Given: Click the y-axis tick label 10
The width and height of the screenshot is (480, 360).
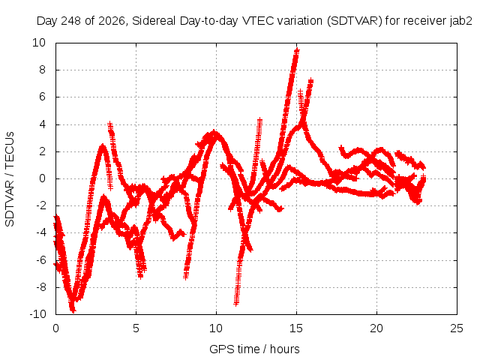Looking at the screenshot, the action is (x=39, y=43).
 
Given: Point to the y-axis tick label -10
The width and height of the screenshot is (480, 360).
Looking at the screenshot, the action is (x=37, y=314).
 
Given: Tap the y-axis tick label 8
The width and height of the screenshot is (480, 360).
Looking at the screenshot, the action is (x=42, y=70).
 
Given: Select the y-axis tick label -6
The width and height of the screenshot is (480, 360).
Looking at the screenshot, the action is (x=40, y=260).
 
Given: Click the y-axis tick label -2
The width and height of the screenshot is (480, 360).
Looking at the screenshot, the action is (x=40, y=205).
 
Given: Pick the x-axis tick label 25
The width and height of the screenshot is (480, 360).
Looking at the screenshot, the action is (x=457, y=328).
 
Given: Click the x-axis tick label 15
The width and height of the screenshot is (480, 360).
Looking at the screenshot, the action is (x=296, y=328).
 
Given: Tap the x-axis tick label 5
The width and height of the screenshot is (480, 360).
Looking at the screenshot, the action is (x=136, y=328).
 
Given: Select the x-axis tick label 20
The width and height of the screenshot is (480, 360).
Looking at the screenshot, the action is (x=376, y=328).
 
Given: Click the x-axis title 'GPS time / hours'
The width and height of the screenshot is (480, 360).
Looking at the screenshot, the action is (x=254, y=349).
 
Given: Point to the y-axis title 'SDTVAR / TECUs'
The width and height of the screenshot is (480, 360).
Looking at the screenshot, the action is (x=10, y=179).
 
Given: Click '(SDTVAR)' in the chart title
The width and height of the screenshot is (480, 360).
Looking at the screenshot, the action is (x=355, y=21).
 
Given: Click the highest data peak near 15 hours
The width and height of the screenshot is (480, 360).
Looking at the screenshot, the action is (x=296, y=51).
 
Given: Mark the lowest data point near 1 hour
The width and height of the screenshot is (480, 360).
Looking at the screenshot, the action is (x=73, y=310).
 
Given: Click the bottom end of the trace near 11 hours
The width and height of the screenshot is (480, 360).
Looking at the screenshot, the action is (x=236, y=304).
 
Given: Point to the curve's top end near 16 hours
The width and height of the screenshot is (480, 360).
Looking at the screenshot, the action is (x=310, y=80).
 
